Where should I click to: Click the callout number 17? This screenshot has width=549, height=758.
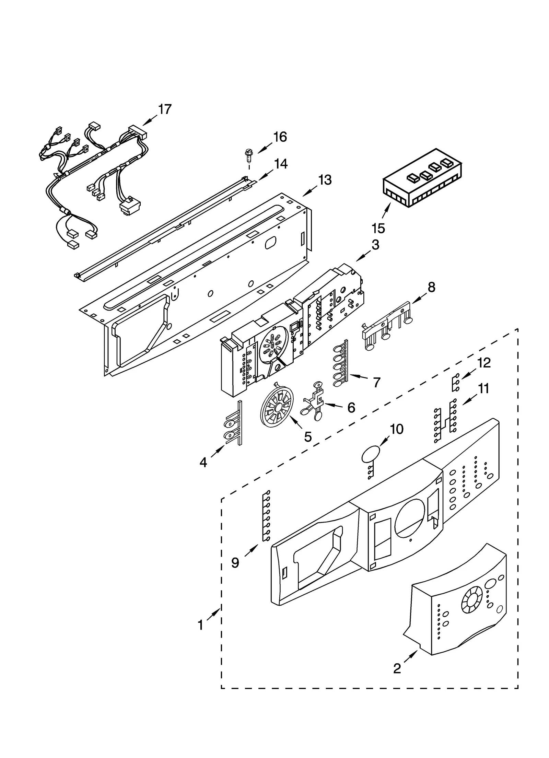click(x=165, y=109)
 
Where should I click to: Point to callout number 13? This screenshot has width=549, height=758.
click(x=325, y=179)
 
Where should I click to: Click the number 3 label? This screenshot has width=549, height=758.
click(x=375, y=245)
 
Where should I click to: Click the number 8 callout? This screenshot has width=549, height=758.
click(x=431, y=287)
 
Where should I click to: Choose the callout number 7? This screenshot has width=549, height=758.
click(x=376, y=382)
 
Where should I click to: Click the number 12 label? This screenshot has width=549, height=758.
click(x=484, y=363)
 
